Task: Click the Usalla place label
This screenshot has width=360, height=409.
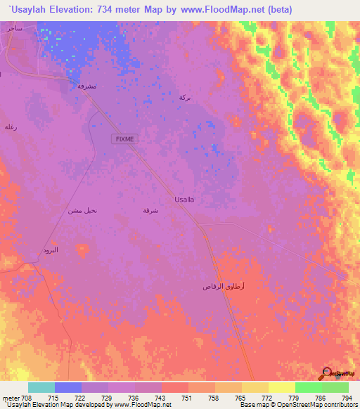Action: [x=184, y=200]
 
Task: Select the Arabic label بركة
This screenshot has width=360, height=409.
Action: [x=185, y=97]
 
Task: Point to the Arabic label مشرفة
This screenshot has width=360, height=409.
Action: [x=86, y=86]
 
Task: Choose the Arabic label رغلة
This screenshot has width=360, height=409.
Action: [x=11, y=126]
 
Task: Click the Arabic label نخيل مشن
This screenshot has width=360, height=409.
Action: [x=82, y=211]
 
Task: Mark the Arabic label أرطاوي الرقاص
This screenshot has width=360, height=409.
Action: [x=224, y=287]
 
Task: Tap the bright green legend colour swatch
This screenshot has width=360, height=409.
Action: [x=308, y=387]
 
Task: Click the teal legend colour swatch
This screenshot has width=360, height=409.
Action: [x=41, y=387]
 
